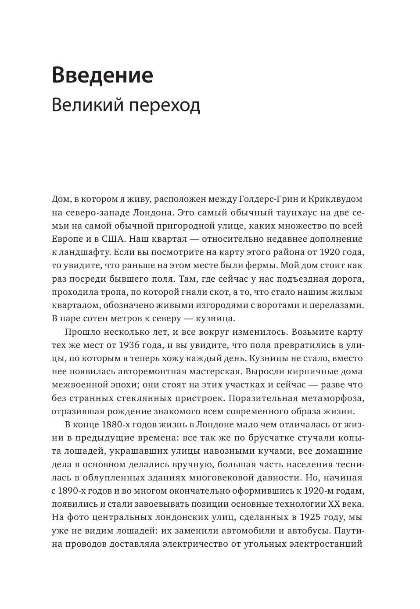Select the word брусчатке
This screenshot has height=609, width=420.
(250, 438)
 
